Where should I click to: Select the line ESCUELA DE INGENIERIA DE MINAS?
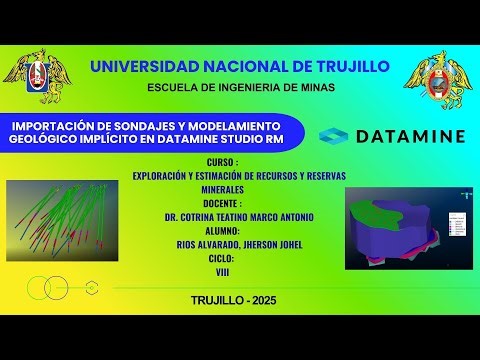[x=241, y=88]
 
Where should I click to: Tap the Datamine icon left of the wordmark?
[x=336, y=135]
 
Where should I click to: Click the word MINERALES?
[x=223, y=187]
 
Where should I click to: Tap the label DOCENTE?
[x=222, y=201]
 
